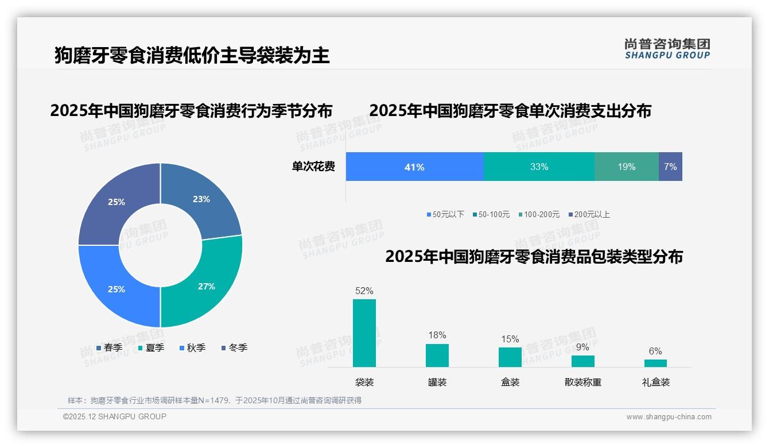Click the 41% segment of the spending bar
pyautogui.click(x=414, y=167)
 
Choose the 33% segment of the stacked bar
pyautogui.click(x=539, y=167)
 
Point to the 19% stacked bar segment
pyautogui.click(x=626, y=167)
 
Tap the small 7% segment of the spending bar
pyautogui.click(x=670, y=167)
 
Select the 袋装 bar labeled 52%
pyautogui.click(x=364, y=333)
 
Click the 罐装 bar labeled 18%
pyautogui.click(x=437, y=356)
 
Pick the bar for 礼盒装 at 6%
pyautogui.click(x=655, y=363)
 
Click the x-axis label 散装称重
pyautogui.click(x=582, y=382)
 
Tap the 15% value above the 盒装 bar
pyautogui.click(x=510, y=339)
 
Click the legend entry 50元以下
pyautogui.click(x=445, y=214)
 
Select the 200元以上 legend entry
pyautogui.click(x=589, y=214)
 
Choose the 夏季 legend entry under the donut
pyautogui.click(x=152, y=347)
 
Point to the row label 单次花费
pyautogui.click(x=313, y=167)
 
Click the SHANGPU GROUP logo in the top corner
pyautogui.click(x=667, y=48)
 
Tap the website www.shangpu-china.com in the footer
pyautogui.click(x=669, y=416)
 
